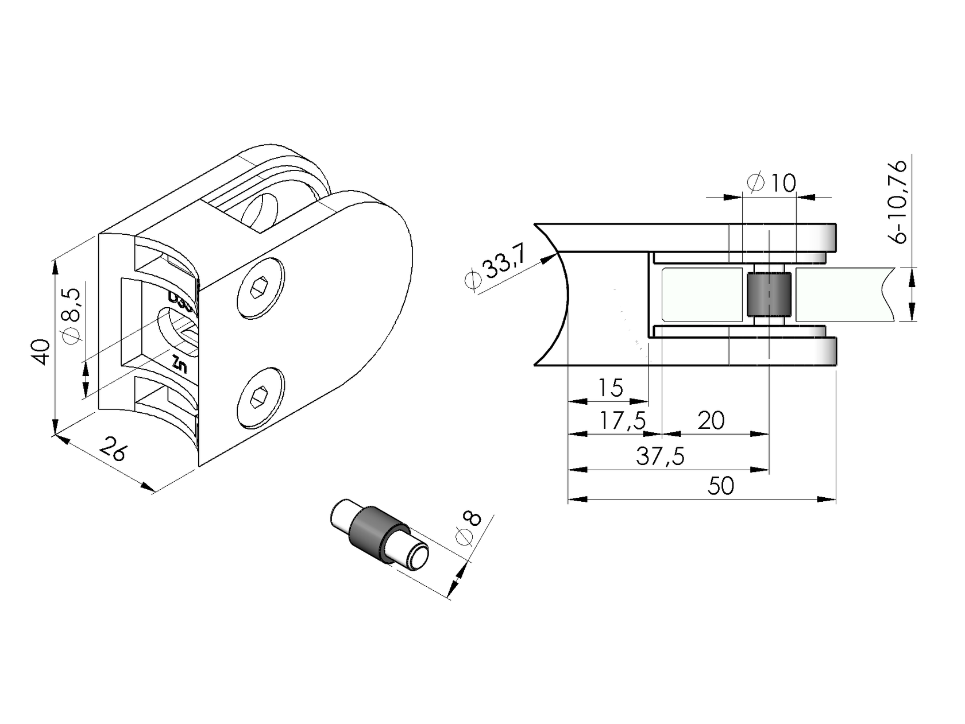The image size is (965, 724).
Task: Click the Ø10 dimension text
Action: click(x=773, y=183)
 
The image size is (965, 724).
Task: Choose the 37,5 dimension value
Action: click(x=661, y=457)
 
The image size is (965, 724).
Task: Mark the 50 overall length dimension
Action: click(x=720, y=486)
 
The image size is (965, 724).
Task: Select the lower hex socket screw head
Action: click(x=260, y=397)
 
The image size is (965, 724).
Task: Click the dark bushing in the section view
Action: click(x=769, y=295)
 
